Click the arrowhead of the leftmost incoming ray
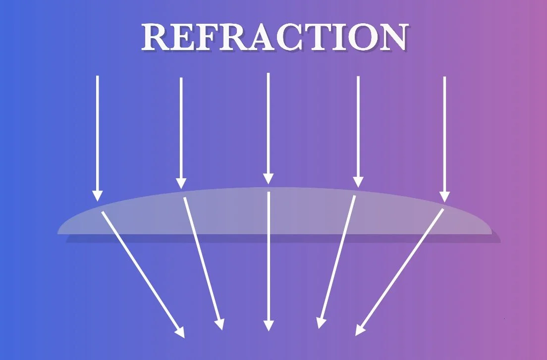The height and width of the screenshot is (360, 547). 98,196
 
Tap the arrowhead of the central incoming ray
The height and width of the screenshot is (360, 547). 268,179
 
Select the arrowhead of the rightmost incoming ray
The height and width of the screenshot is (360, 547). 444,197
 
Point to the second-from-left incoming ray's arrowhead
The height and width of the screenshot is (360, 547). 181,183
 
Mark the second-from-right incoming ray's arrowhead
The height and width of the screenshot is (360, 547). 358,182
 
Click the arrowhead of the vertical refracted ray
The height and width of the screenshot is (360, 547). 268,325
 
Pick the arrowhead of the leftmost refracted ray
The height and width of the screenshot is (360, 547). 180,332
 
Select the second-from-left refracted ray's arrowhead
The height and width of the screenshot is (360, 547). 220,324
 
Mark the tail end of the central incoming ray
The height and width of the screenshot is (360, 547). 268,74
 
